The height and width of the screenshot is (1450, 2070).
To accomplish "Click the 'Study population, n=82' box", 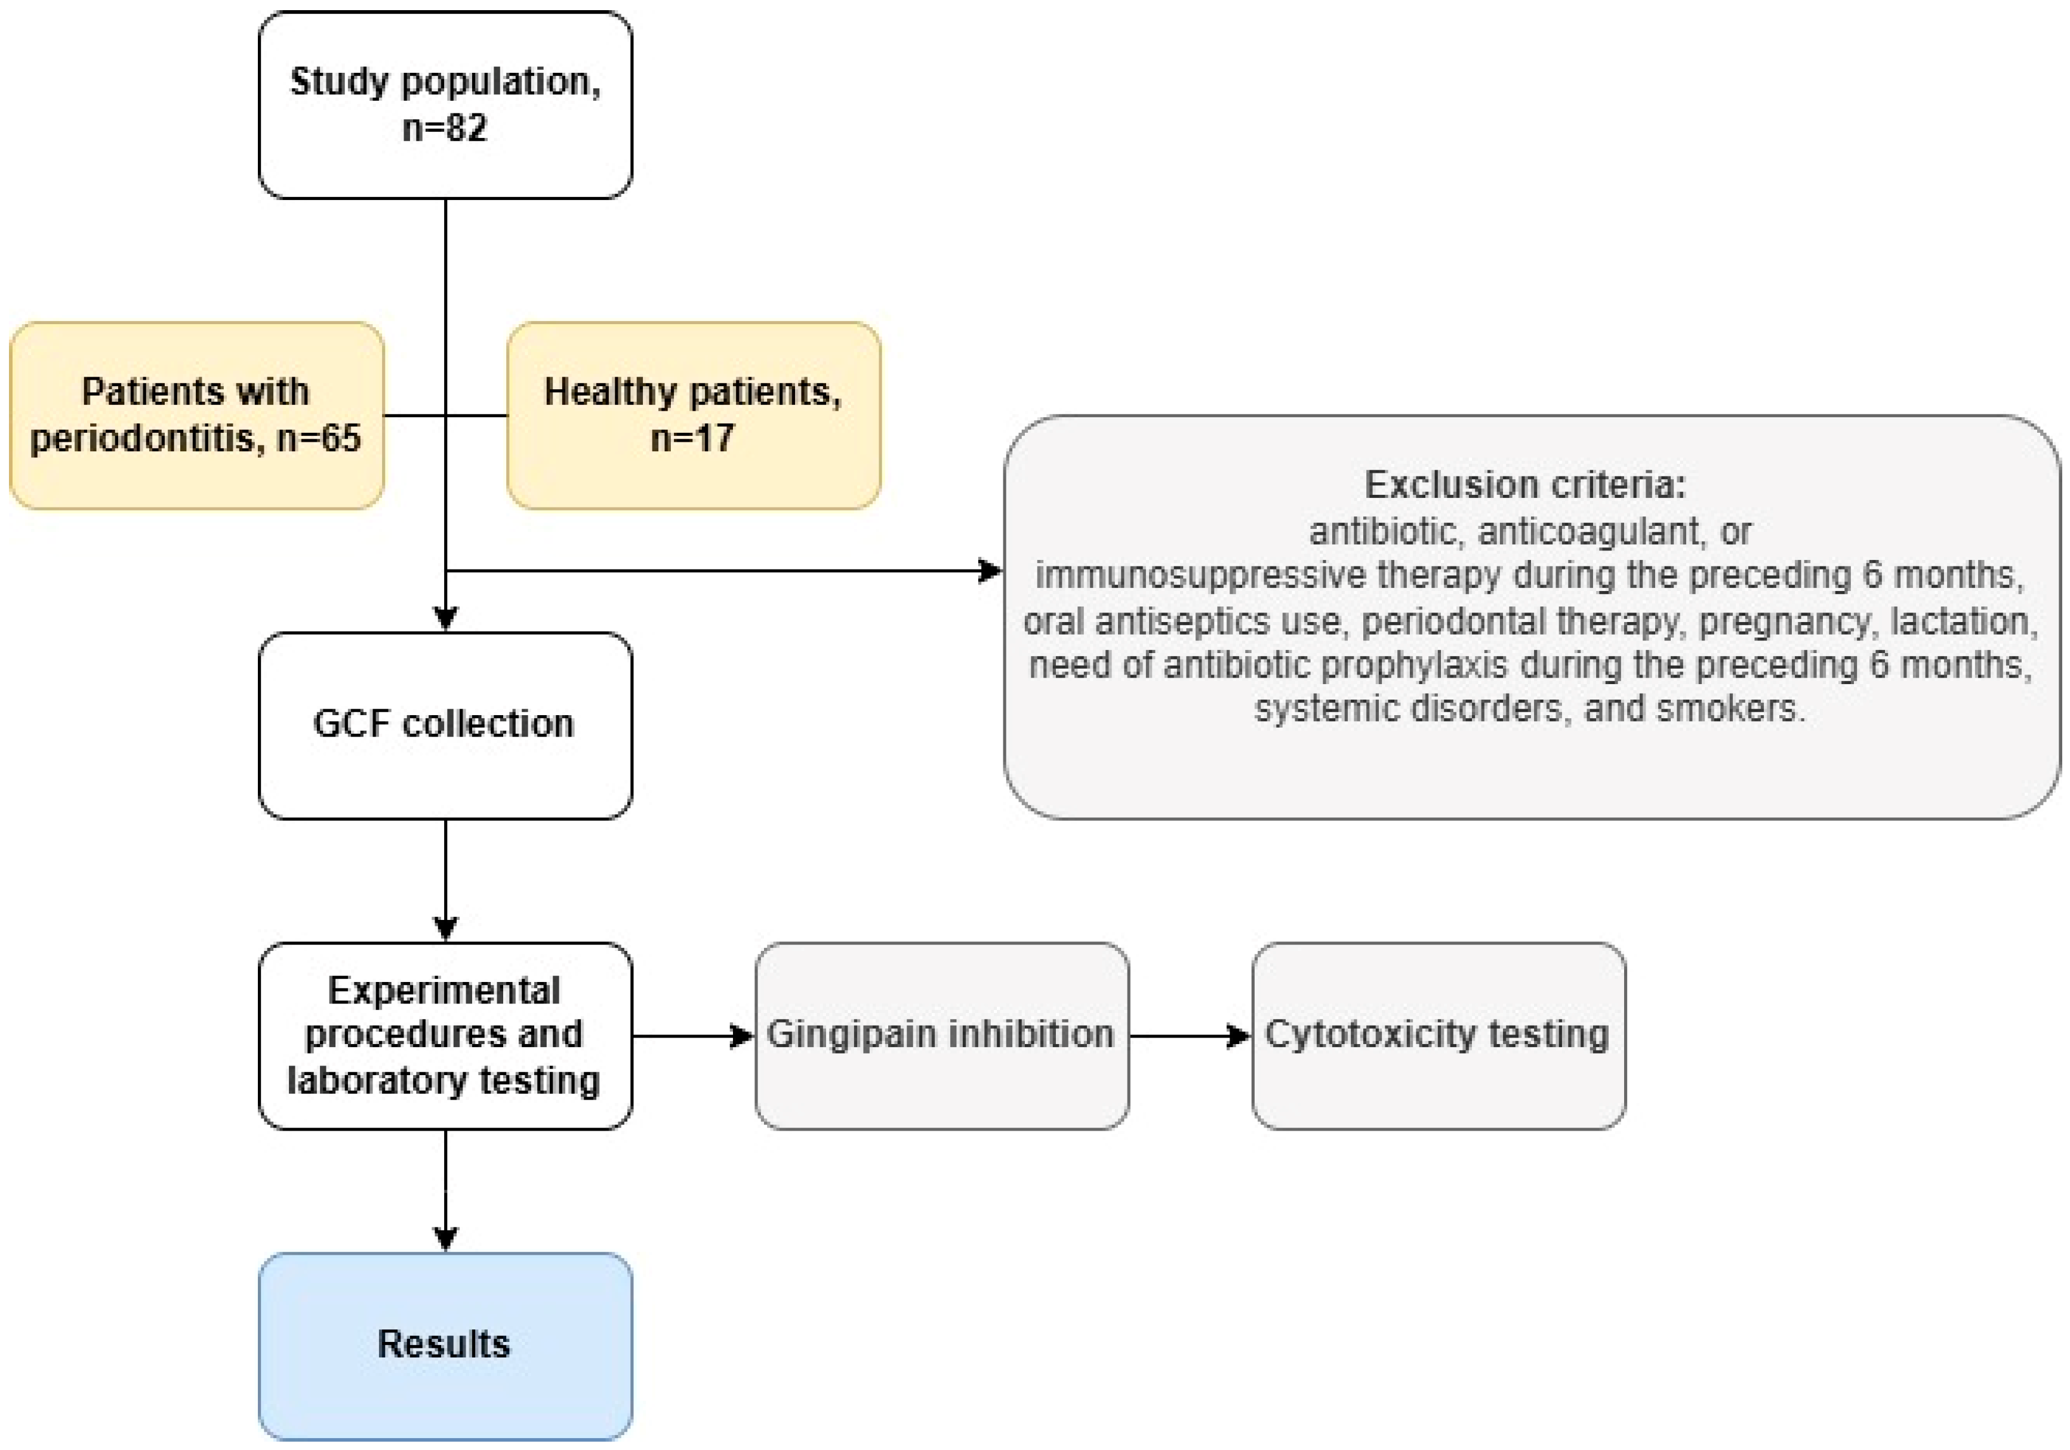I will tap(445, 104).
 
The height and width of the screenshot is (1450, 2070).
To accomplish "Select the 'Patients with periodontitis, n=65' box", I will tap(196, 415).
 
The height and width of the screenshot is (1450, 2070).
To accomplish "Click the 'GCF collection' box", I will tap(445, 725).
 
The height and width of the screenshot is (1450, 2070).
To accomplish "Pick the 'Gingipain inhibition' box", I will tap(941, 1035).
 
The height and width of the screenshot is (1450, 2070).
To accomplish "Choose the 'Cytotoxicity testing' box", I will tap(1438, 1035).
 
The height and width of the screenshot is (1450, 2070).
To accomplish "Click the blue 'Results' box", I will tap(445, 1344).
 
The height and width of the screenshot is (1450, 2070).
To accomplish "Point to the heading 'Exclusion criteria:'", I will tap(1524, 485).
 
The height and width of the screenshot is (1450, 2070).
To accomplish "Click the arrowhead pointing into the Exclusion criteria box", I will tap(990, 570).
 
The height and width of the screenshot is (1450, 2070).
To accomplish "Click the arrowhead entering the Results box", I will tap(445, 1238).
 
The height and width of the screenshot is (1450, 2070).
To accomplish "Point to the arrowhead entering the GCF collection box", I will tap(445, 618).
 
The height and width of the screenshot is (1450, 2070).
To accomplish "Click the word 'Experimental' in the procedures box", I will tap(443, 991).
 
